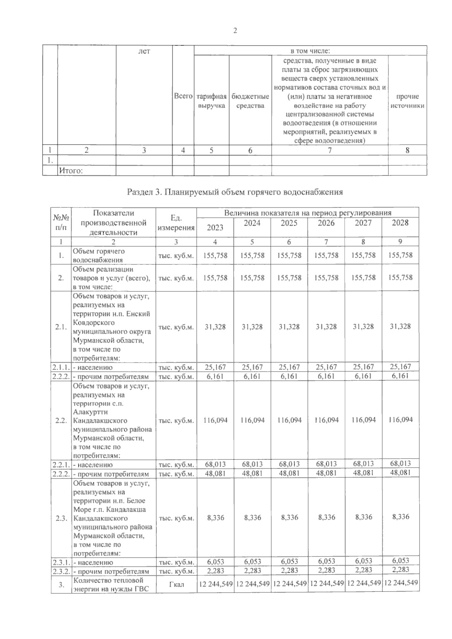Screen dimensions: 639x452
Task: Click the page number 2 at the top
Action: pos(235,31)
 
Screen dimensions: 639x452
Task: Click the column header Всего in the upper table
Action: pos(183,96)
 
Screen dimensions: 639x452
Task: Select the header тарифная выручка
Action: pos(211,101)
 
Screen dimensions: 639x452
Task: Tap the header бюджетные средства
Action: pos(250,101)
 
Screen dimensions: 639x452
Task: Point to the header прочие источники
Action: pos(407,101)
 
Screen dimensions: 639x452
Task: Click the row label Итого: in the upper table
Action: pos(70,171)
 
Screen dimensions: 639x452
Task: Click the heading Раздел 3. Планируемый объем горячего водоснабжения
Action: pos(235,192)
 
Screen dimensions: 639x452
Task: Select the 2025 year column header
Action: pos(289,223)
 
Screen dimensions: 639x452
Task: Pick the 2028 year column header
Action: pos(400,223)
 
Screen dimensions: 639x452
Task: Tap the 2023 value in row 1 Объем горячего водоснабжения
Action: pos(215,256)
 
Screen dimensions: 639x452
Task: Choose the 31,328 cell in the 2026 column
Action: pos(326,327)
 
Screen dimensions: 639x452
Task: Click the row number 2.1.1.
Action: pos(61,367)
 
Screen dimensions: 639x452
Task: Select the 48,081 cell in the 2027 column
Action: pos(363,473)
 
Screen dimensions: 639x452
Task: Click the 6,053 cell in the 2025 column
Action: pos(289,561)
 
